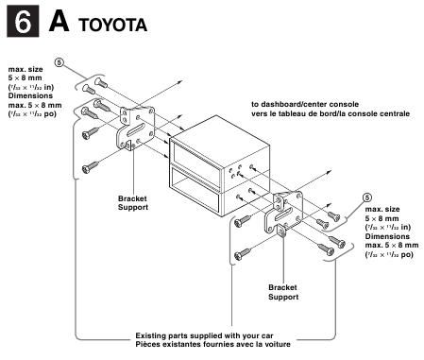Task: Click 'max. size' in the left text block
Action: coord(25,69)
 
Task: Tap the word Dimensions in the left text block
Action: coord(31,95)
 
